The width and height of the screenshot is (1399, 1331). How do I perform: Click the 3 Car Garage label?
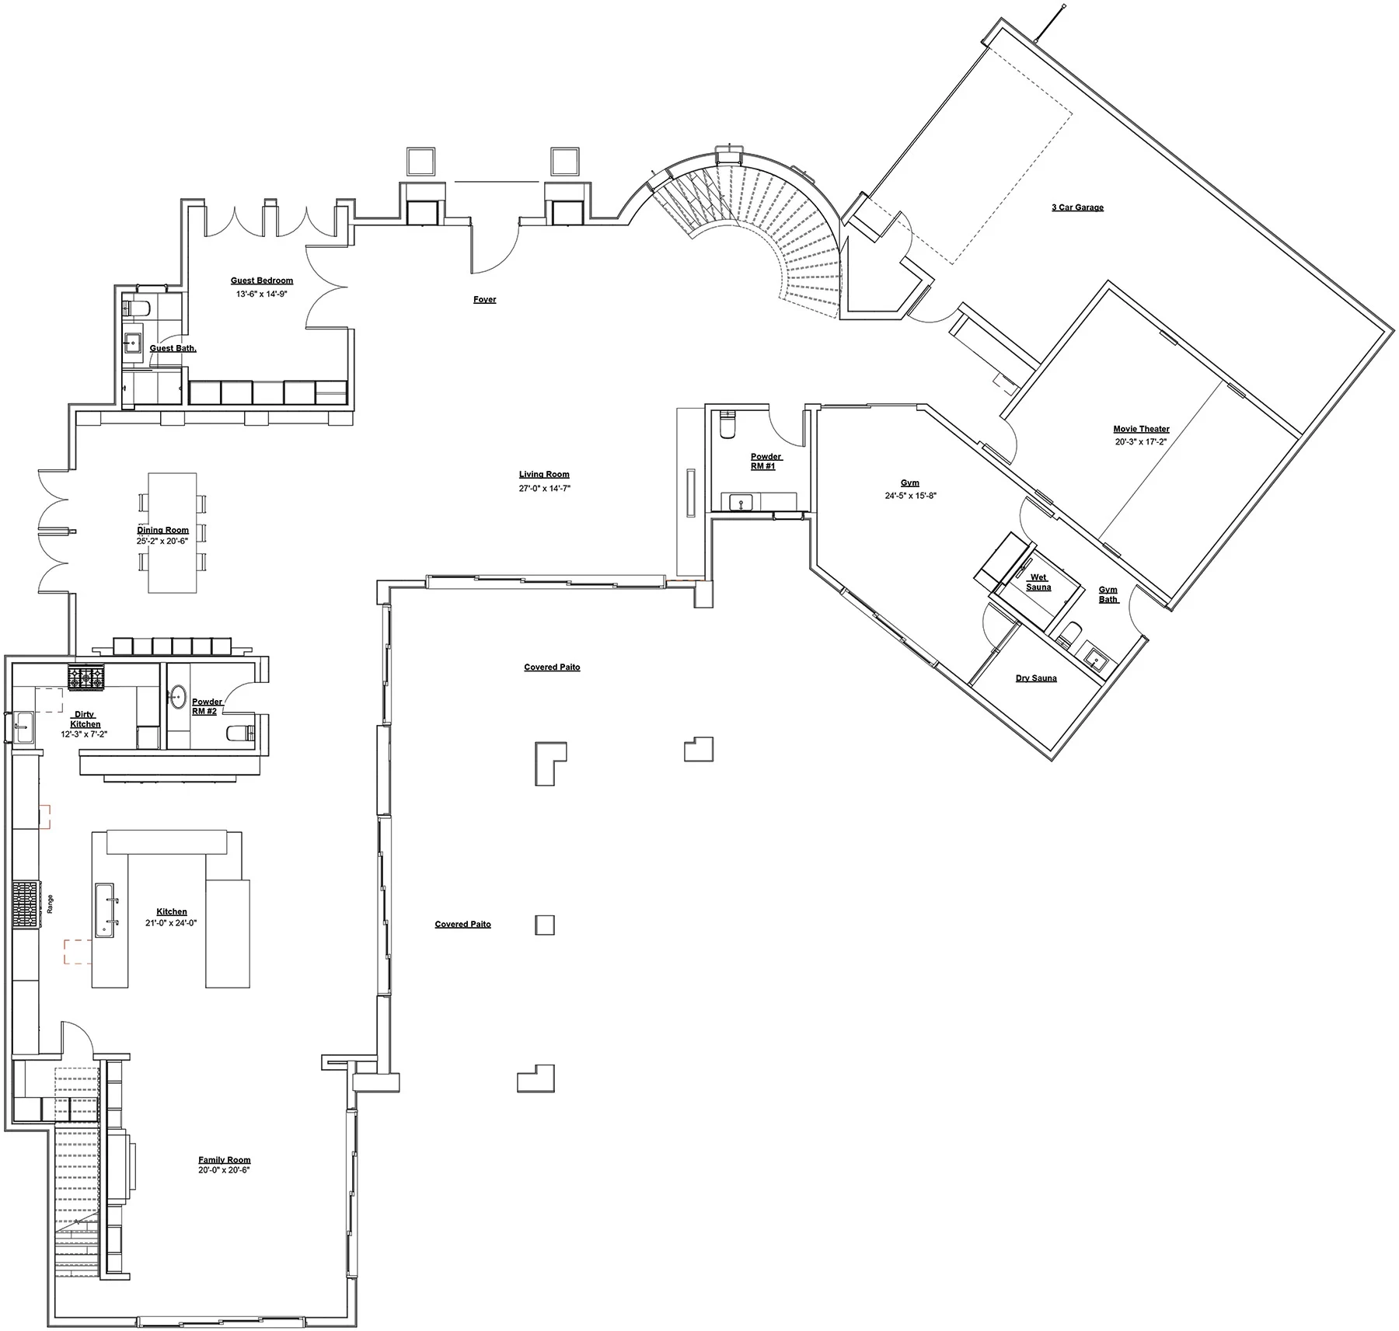(x=1077, y=207)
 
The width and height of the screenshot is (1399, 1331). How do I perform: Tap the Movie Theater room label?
(x=1141, y=429)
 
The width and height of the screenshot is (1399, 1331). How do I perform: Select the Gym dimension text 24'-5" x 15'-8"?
(x=910, y=496)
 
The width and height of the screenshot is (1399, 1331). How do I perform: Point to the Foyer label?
(x=485, y=299)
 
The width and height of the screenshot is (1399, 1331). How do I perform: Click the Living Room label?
(x=544, y=474)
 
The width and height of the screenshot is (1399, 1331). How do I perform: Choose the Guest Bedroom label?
(x=262, y=280)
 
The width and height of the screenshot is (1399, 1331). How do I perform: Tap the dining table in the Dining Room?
(x=173, y=533)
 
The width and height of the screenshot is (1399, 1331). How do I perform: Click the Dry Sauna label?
(x=1036, y=678)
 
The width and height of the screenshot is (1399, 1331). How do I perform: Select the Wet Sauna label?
(x=1038, y=582)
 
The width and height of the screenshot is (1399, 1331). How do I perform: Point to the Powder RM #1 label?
(x=766, y=462)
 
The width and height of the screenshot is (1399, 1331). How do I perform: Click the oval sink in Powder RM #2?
(x=179, y=694)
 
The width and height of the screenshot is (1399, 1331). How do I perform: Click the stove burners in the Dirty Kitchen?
(x=85, y=678)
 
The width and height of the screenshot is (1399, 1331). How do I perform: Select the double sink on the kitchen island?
(x=107, y=909)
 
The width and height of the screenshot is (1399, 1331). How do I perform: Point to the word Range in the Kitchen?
(x=51, y=904)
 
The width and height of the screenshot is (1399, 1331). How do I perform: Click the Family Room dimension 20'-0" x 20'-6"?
(x=224, y=1169)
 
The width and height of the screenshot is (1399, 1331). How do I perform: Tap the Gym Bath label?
(x=1108, y=594)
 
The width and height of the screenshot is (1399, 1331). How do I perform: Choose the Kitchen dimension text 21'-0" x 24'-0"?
(x=171, y=923)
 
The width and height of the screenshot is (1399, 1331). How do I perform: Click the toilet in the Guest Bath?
(x=137, y=308)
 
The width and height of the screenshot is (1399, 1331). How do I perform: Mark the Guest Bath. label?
(x=173, y=348)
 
